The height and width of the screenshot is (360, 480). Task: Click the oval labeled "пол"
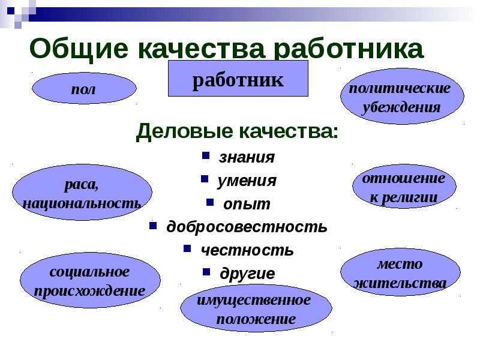(x=84, y=88)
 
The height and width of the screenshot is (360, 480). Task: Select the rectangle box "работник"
(x=238, y=79)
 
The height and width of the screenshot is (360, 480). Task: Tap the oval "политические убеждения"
(x=402, y=97)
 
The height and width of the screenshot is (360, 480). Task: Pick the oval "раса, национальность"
(x=82, y=192)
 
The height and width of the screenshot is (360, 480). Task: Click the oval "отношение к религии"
(x=404, y=187)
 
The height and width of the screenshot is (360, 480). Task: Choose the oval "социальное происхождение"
(x=91, y=280)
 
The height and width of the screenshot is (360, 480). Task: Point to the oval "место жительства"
(x=400, y=272)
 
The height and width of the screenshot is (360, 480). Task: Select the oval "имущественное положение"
(x=256, y=308)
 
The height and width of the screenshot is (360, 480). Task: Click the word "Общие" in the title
(x=79, y=49)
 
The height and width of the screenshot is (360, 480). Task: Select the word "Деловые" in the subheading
(x=184, y=131)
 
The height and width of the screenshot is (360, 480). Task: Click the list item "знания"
(x=247, y=157)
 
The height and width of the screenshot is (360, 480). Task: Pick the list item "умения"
(x=247, y=181)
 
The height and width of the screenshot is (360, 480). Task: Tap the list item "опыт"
(x=247, y=204)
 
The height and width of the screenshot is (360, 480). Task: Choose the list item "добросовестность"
(x=247, y=227)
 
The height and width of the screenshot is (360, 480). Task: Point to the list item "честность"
(x=247, y=250)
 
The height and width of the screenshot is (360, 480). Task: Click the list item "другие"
(x=247, y=274)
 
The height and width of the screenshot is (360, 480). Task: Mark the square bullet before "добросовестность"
(x=153, y=226)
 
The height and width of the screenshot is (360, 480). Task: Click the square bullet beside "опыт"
(x=210, y=202)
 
